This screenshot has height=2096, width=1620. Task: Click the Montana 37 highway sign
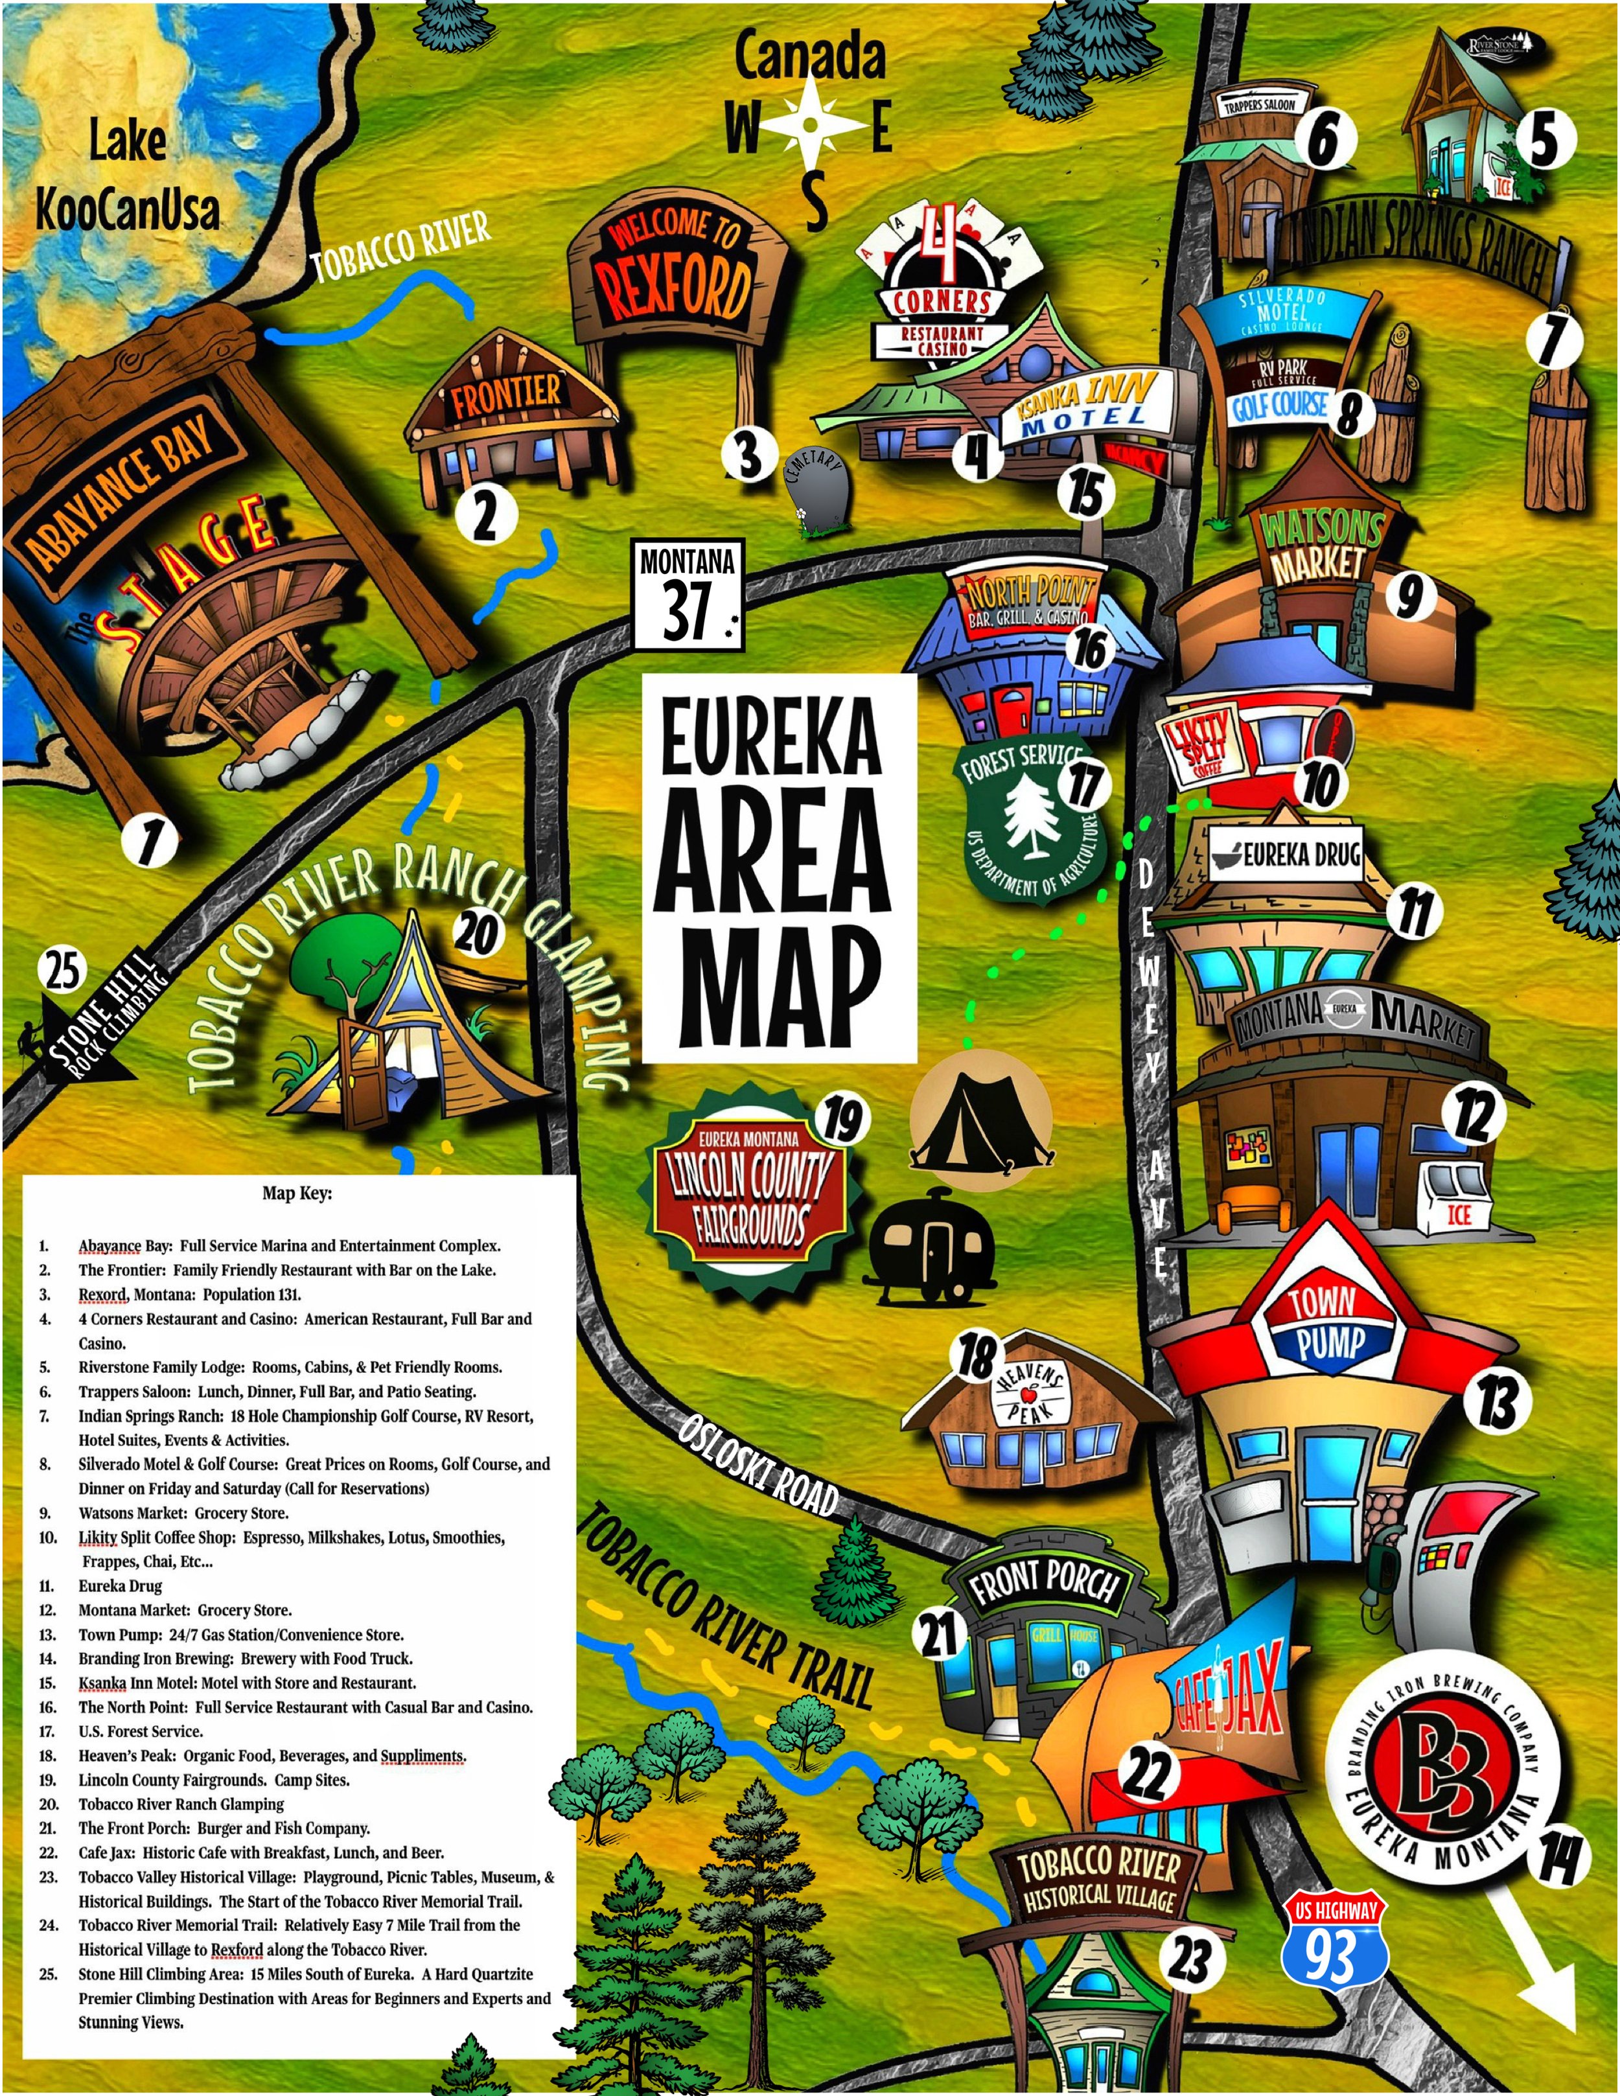pos(687,595)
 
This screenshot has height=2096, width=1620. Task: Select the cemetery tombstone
pos(816,490)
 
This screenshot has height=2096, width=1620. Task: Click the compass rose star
pos(811,125)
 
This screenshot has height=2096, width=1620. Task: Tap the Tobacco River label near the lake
pos(401,247)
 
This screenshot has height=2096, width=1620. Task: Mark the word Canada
pos(810,58)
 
